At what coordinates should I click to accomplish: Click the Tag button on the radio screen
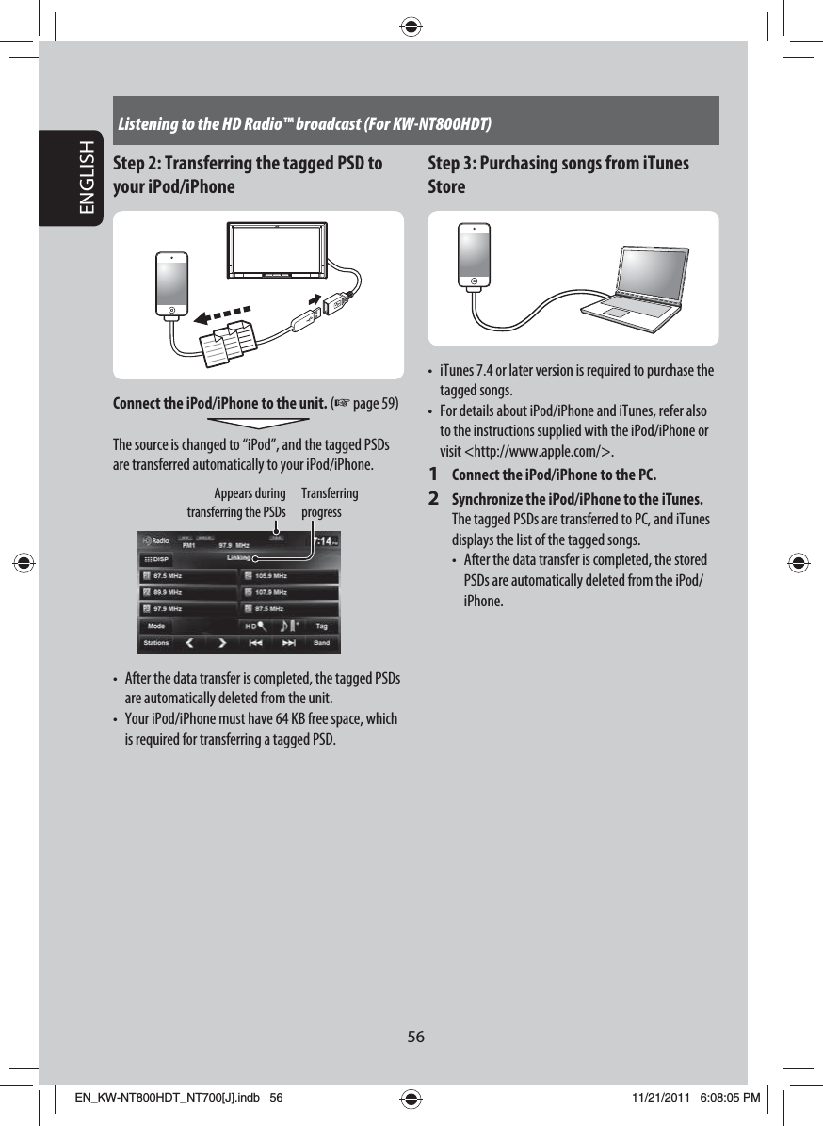pyautogui.click(x=321, y=626)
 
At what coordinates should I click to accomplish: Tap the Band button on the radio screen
pyautogui.click(x=321, y=643)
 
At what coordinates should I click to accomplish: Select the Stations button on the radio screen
pyautogui.click(x=156, y=643)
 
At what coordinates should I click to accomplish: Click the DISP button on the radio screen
pyautogui.click(x=156, y=558)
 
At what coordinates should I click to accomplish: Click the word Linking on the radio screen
pyautogui.click(x=240, y=557)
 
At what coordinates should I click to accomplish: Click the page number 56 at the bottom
pyautogui.click(x=415, y=1037)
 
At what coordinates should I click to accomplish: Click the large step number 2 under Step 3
pyautogui.click(x=434, y=497)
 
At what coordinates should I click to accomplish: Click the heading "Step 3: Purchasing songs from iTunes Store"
pyautogui.click(x=557, y=174)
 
